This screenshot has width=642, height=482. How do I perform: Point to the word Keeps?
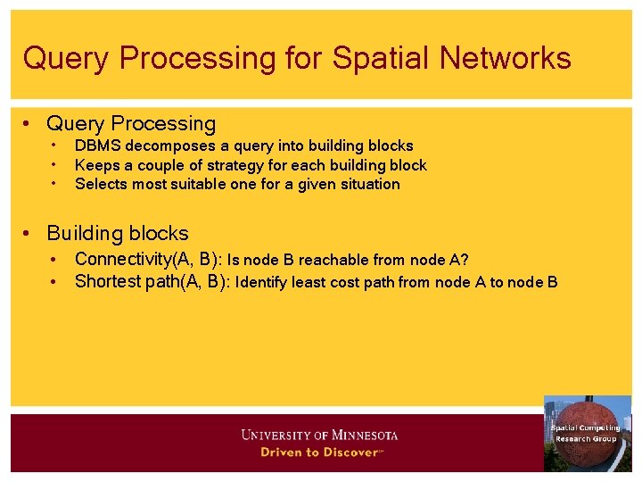pos(95,165)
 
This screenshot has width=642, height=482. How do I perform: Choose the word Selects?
pos(101,184)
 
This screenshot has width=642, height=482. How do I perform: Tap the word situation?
pos(367,184)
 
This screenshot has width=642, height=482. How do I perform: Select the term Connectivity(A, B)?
pos(148,260)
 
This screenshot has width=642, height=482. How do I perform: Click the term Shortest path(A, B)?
pos(152,282)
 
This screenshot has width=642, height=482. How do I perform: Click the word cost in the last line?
pos(351,283)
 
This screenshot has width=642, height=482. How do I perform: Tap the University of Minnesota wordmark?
pos(319,436)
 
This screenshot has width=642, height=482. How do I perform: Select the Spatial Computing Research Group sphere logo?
pos(587,434)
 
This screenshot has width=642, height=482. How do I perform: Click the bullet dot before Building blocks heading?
pos(29,234)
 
